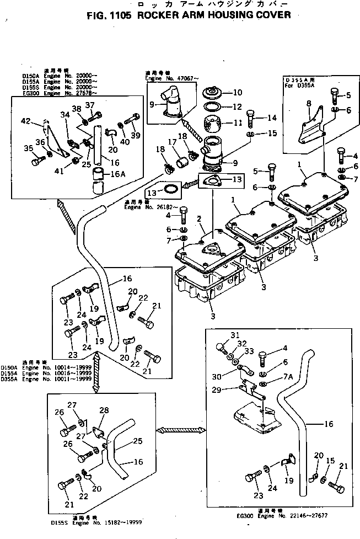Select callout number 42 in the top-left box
25,121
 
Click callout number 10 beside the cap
237,93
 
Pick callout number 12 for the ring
237,106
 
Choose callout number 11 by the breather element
237,122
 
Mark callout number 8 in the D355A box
309,103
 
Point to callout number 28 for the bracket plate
104,410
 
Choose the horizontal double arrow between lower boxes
178,429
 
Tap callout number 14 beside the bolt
272,118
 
